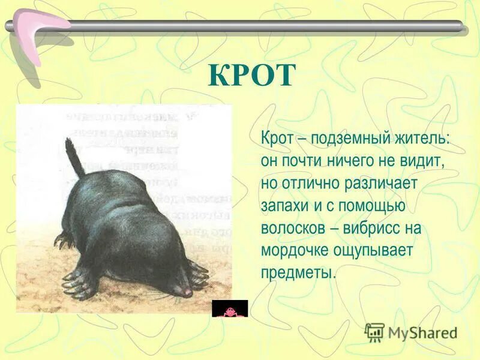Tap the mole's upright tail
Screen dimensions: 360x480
click(x=74, y=157)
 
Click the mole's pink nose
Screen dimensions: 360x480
click(x=187, y=292)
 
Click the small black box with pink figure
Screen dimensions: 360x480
click(x=230, y=308)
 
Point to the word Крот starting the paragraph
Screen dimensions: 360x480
click(x=277, y=139)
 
